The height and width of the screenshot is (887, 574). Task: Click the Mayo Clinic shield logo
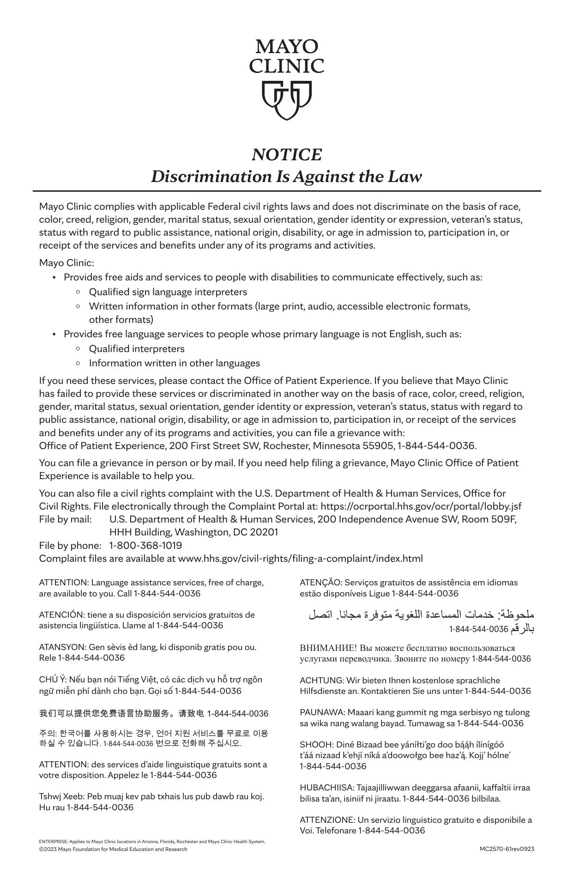tap(287, 100)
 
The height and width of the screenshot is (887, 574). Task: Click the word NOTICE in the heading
tap(287, 155)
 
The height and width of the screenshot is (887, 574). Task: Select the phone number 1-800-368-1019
tap(145, 545)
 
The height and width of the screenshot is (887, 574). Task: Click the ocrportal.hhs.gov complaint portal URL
tap(421, 506)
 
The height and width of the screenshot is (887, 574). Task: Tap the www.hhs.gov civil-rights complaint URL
tap(300, 558)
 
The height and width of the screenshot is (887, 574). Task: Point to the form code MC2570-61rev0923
tap(507, 849)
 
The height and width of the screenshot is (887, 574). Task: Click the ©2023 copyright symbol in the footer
tap(41, 849)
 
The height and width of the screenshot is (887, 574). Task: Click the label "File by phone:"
tap(70, 545)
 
